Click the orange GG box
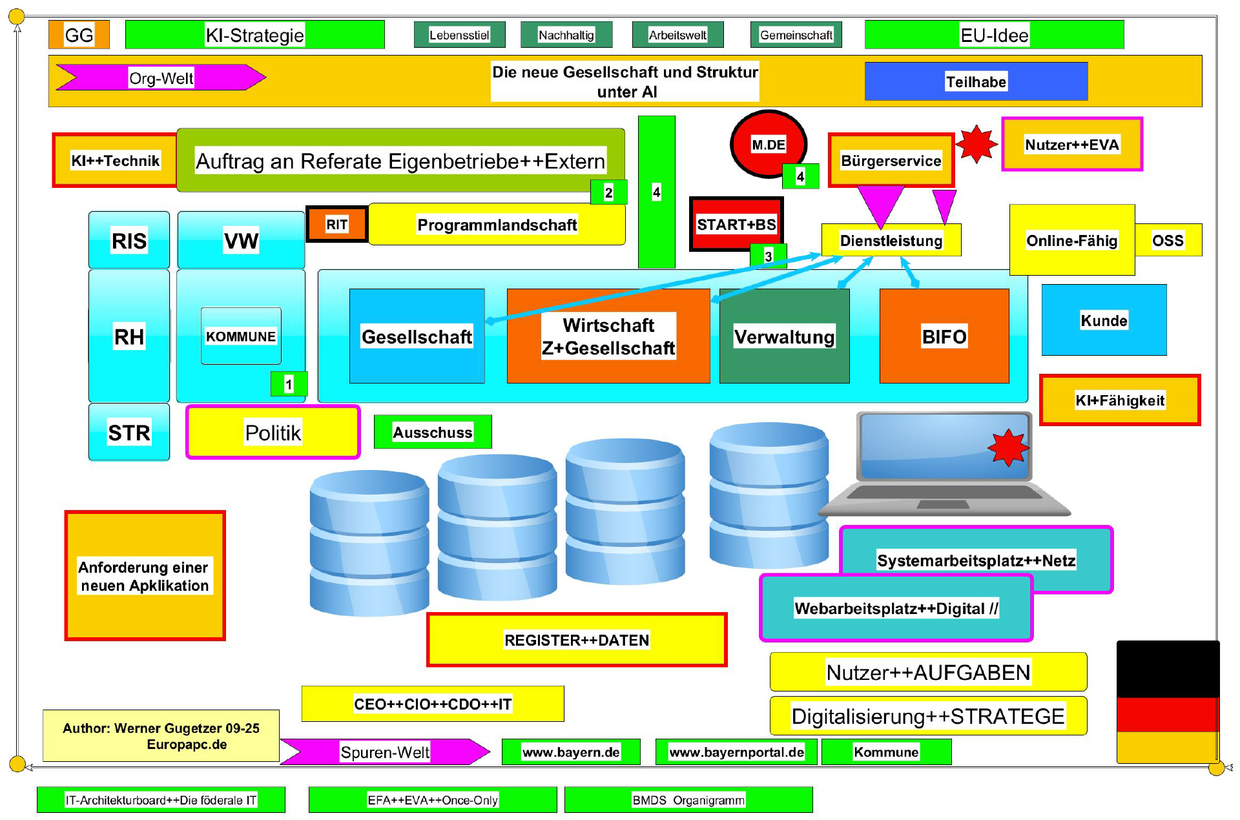pos(79,35)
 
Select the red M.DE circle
pos(767,143)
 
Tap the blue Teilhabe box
pos(975,81)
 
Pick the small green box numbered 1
pos(289,384)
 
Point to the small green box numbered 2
pos(608,192)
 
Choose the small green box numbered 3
pos(768,256)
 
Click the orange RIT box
pos(336,224)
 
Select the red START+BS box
pos(736,223)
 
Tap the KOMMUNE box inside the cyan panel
pos(240,336)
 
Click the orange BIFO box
pos(944,336)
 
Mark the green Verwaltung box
pos(784,336)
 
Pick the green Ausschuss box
pos(432,432)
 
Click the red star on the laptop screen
pos(1008,447)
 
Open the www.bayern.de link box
pos(570,752)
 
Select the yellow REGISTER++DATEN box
pos(576,640)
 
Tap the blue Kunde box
pos(1104,320)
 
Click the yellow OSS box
pos(1168,240)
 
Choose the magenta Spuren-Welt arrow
pos(384,752)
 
